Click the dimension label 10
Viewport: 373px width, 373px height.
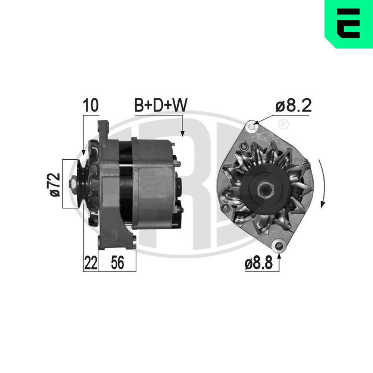coord(91,106)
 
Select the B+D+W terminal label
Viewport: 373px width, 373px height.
coord(161,106)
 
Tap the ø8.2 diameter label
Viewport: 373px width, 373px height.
coord(293,106)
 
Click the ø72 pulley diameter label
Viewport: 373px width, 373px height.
coord(55,184)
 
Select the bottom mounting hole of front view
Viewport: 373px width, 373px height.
coord(277,245)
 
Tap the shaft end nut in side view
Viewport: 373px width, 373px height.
coord(73,184)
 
